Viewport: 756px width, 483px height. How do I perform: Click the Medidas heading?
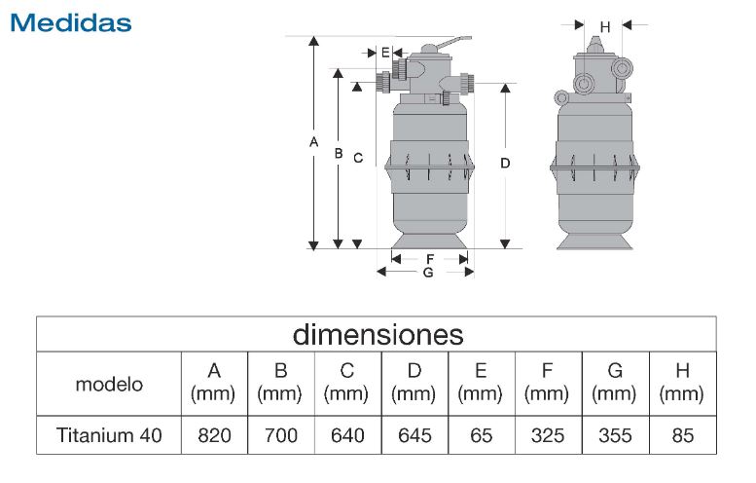click(x=70, y=21)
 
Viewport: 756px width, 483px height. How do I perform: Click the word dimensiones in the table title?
click(x=378, y=335)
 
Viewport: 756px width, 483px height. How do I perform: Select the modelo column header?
click(x=109, y=384)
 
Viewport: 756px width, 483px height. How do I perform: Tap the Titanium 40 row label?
click(x=109, y=435)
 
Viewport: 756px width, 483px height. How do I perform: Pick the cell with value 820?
click(x=215, y=435)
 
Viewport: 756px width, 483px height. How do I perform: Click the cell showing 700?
click(x=281, y=435)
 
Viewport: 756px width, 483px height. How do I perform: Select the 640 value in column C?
click(x=347, y=435)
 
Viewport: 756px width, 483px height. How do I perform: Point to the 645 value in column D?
click(x=414, y=435)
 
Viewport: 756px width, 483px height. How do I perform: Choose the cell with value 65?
click(x=481, y=435)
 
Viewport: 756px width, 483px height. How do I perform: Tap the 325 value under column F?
click(x=547, y=435)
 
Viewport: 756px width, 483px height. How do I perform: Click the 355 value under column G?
click(x=614, y=435)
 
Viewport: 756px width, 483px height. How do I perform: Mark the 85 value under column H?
click(x=681, y=435)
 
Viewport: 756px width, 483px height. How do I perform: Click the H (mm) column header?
click(x=681, y=383)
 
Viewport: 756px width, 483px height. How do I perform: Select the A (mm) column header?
click(x=215, y=383)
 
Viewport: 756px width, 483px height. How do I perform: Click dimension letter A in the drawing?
click(x=313, y=143)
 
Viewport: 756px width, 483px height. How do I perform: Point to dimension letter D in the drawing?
click(x=505, y=164)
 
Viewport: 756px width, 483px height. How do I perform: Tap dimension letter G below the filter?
click(x=427, y=273)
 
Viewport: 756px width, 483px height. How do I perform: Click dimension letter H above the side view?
click(x=604, y=27)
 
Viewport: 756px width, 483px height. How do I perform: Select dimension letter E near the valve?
click(x=385, y=52)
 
